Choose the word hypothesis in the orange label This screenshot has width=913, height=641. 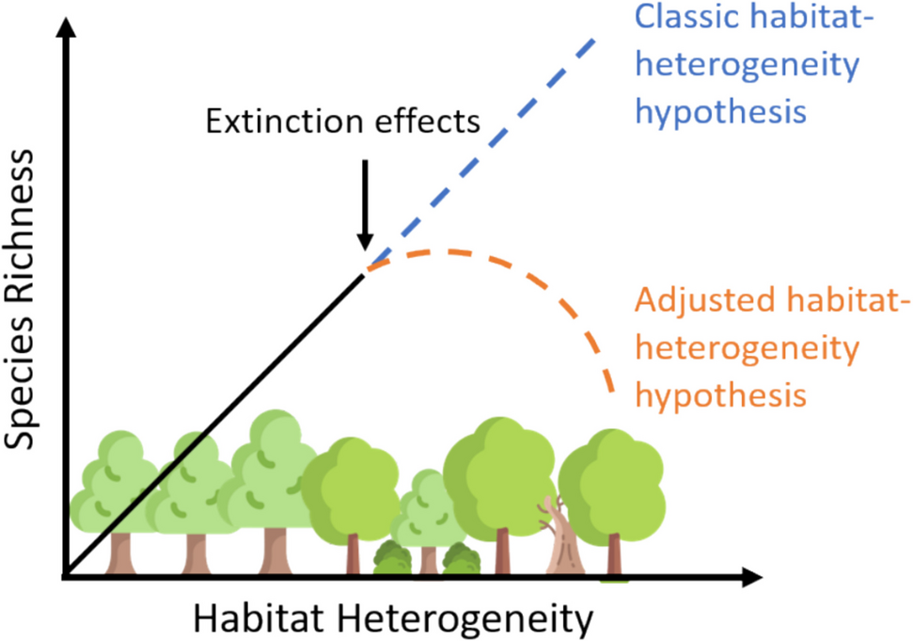pyautogui.click(x=721, y=393)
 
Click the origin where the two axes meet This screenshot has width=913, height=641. pyautogui.click(x=66, y=574)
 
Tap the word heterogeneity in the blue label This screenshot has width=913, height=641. pyautogui.click(x=748, y=66)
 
